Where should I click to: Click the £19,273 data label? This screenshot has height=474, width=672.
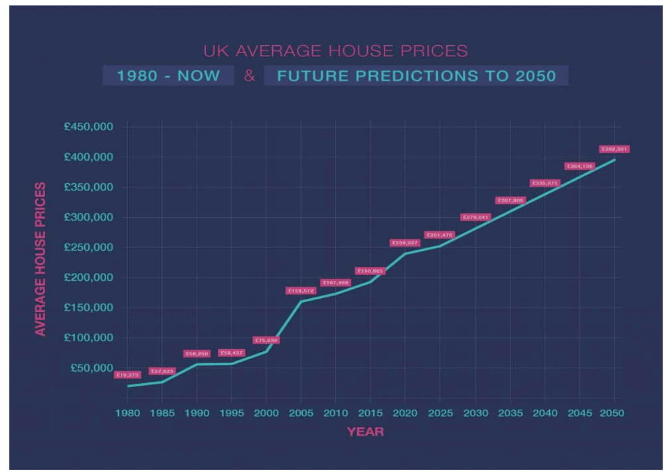[128, 375]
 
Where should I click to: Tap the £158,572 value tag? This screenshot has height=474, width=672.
[301, 291]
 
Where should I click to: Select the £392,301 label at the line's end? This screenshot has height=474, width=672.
[614, 149]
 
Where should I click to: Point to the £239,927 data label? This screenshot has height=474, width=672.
[404, 243]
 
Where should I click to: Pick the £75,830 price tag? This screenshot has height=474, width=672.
[266, 341]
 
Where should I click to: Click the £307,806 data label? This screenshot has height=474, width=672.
[510, 200]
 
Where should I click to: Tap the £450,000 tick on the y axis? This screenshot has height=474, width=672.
[89, 127]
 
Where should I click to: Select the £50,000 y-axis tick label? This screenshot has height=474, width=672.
[92, 368]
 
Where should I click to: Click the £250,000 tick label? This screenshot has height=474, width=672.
[89, 248]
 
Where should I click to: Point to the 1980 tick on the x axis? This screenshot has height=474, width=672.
[127, 413]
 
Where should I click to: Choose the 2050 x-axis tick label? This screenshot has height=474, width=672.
[613, 413]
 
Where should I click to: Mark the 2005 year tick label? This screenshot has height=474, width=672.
[301, 413]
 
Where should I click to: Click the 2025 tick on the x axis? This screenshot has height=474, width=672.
[440, 413]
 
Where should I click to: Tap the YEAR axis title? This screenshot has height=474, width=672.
[365, 432]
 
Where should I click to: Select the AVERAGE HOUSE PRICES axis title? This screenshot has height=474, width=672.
[41, 259]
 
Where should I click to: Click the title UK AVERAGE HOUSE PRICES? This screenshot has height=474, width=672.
[335, 51]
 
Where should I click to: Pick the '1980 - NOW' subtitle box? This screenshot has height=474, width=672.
[168, 75]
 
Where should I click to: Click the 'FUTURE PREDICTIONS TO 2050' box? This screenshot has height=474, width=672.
[416, 75]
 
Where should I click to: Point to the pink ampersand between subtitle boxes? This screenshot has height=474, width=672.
[250, 75]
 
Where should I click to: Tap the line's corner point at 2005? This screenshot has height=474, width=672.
[301, 301]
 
